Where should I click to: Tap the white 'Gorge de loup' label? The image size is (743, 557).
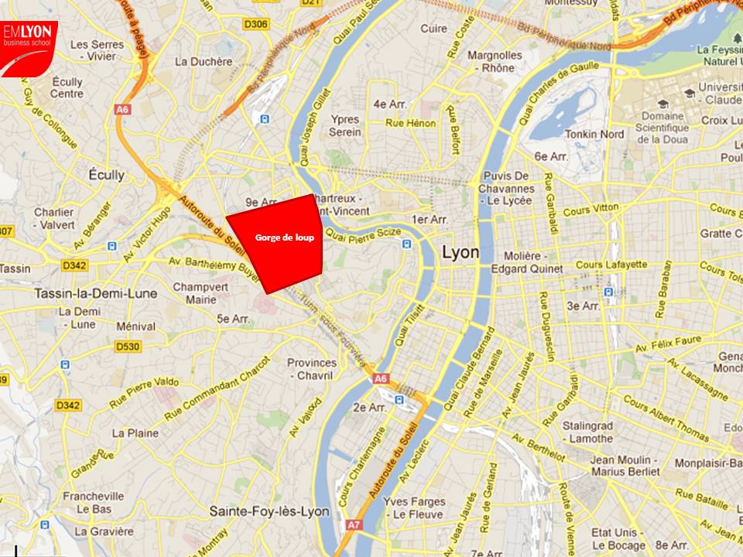[285, 237]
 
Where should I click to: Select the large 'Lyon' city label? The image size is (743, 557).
[460, 253]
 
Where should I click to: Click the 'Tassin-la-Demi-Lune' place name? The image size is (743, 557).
[96, 294]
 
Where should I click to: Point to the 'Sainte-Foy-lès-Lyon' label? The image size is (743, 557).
[269, 511]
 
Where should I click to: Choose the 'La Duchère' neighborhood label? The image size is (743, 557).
[204, 62]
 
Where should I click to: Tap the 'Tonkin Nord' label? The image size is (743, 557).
[594, 134]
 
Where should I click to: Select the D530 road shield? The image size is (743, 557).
[128, 347]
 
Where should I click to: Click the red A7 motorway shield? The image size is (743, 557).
[354, 525]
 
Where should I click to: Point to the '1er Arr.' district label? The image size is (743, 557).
[430, 220]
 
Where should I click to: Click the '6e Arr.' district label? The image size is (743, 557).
[552, 156]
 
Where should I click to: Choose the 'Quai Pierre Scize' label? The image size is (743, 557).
[364, 232]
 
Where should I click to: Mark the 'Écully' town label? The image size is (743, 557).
[106, 175]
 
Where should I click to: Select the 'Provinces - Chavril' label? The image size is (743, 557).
[312, 369]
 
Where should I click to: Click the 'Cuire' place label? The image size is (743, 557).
[433, 29]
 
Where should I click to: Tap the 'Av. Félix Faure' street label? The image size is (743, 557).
[667, 344]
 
